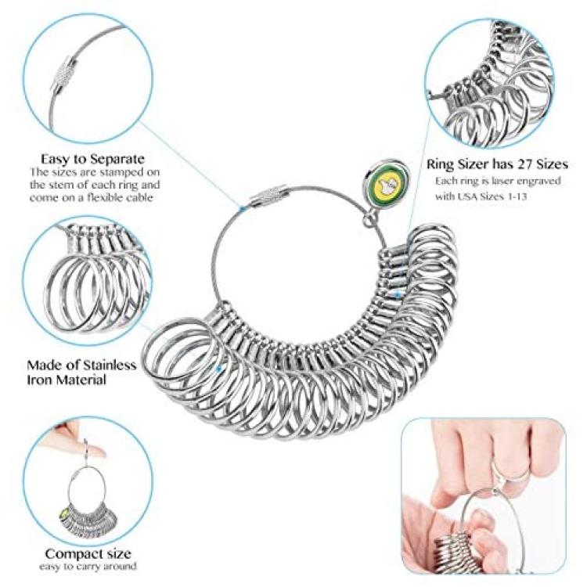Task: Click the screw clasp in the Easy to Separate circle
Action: pyautogui.click(x=65, y=75)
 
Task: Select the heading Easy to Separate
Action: pyautogui.click(x=92, y=159)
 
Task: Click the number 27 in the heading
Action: pyautogui.click(x=525, y=164)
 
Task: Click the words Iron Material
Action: pyautogui.click(x=67, y=380)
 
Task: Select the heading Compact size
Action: pyautogui.click(x=88, y=553)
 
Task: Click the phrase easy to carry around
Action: pyautogui.click(x=88, y=566)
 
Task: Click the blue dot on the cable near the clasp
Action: pyautogui.click(x=242, y=209)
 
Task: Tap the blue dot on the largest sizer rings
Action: pyautogui.click(x=218, y=369)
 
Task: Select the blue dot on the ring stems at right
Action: pyautogui.click(x=398, y=295)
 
